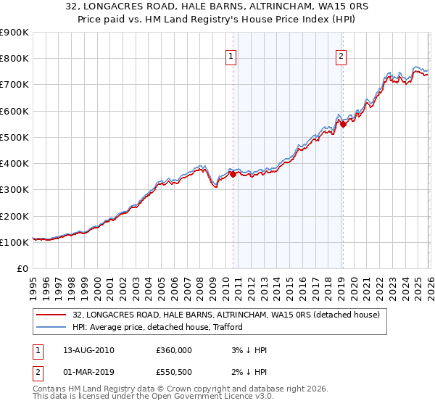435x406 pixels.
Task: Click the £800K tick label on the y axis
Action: [14, 59]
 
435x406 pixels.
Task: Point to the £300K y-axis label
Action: [14, 190]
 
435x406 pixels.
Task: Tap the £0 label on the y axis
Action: [22, 269]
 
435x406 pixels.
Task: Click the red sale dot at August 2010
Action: [233, 174]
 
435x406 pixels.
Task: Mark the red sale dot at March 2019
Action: [343, 124]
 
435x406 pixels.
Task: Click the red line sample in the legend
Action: [52, 315]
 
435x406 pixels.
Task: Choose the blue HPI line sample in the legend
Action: [52, 327]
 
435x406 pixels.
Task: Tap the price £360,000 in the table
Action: [174, 350]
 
